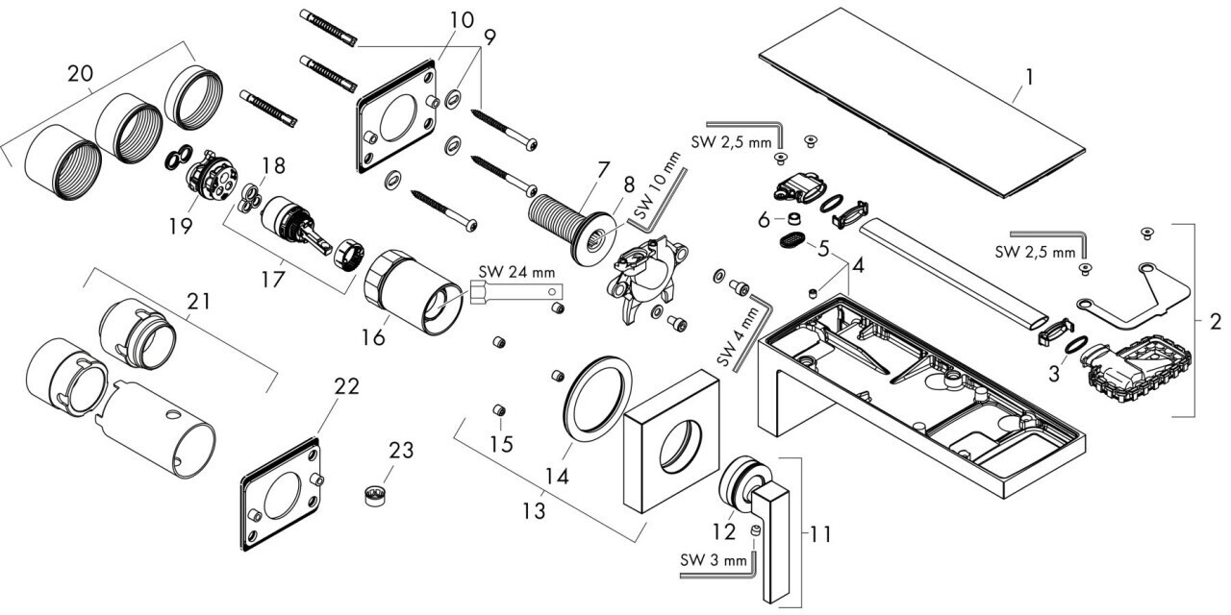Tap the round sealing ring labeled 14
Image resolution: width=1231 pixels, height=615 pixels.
(594, 399)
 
